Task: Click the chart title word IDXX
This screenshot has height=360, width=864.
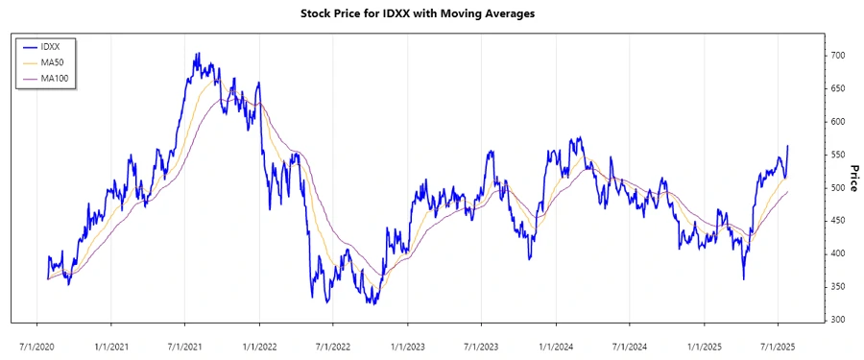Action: (396, 13)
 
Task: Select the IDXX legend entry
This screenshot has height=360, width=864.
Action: (50, 46)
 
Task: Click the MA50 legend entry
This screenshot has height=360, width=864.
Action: (52, 61)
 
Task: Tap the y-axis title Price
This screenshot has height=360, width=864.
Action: (853, 178)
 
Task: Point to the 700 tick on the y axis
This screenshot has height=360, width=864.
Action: (838, 56)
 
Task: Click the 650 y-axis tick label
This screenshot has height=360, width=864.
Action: (838, 89)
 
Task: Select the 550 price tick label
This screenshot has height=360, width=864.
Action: (838, 155)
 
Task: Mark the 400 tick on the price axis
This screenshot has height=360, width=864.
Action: (838, 253)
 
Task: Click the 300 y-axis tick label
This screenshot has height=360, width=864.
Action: (838, 320)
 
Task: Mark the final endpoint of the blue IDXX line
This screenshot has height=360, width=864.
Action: (787, 146)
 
